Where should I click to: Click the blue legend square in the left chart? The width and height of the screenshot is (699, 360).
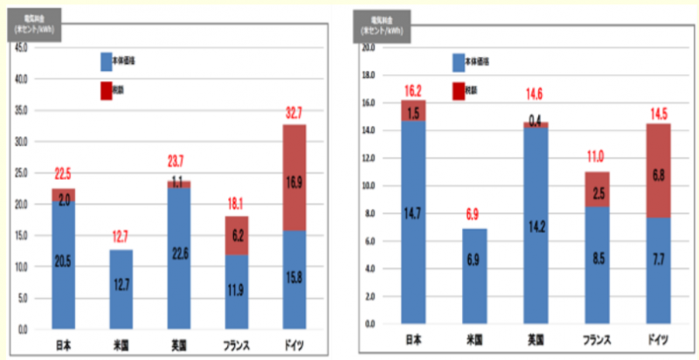pos(107,62)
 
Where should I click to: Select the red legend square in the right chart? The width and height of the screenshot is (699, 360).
pos(459,90)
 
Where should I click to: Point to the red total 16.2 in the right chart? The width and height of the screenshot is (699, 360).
pos(414,90)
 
